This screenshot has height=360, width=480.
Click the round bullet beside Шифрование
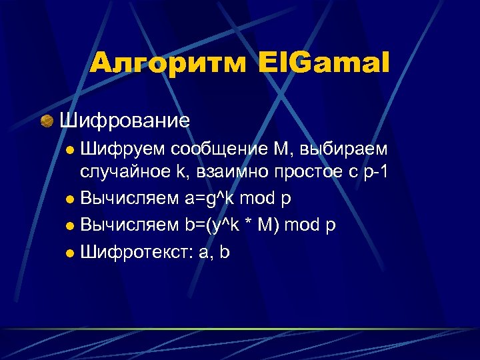pos(47,121)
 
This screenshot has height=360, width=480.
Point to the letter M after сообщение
pos(275,146)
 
